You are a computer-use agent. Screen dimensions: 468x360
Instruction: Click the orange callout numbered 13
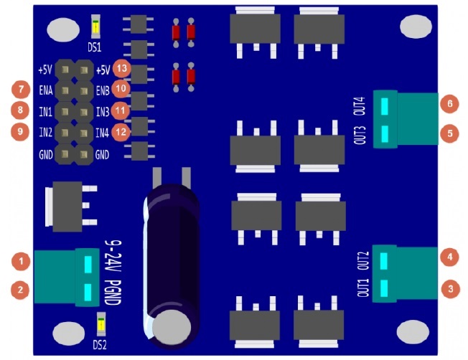tap(122, 68)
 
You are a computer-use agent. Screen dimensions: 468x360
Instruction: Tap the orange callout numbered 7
tap(21, 89)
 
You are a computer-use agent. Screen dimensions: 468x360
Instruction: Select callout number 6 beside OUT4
tap(449, 103)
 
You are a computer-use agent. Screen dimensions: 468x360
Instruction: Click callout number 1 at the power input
tap(21, 262)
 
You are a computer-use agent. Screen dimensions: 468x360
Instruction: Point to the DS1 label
tap(94, 47)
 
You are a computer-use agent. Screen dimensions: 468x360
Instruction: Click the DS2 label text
tap(100, 345)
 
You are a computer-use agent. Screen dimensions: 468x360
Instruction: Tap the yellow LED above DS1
tap(95, 27)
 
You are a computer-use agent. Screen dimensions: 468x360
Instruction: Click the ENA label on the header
tap(46, 90)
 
